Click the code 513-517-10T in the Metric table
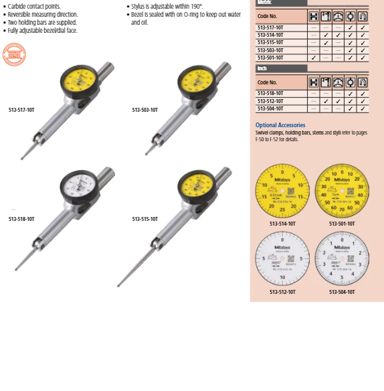270,27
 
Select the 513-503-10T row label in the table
270,50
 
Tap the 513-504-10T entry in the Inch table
270,108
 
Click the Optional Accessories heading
280,125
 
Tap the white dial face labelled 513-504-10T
341,259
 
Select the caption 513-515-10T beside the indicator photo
145,219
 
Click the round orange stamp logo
13,54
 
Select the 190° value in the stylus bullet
195,7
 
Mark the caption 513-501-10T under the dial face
341,224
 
